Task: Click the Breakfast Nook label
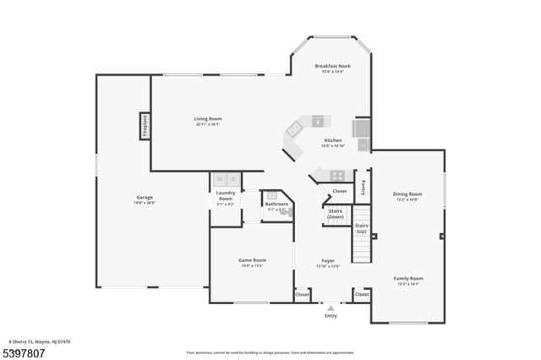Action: [332, 66]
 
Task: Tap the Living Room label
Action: [207, 119]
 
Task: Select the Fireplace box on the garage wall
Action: [145, 127]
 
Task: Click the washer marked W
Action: [220, 179]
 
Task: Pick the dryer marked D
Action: [233, 179]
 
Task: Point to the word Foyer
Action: [328, 260]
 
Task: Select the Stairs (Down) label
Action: [335, 214]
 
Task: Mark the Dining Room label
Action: [407, 194]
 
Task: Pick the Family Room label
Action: [407, 278]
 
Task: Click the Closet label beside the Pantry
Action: [339, 191]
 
